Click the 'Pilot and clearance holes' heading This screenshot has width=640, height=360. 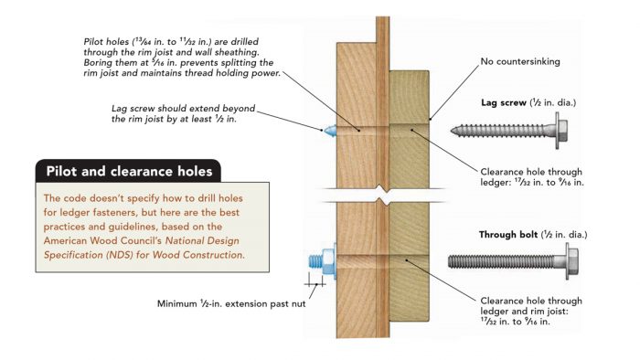coord(128,170)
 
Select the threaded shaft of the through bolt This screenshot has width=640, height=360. coord(503,261)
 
